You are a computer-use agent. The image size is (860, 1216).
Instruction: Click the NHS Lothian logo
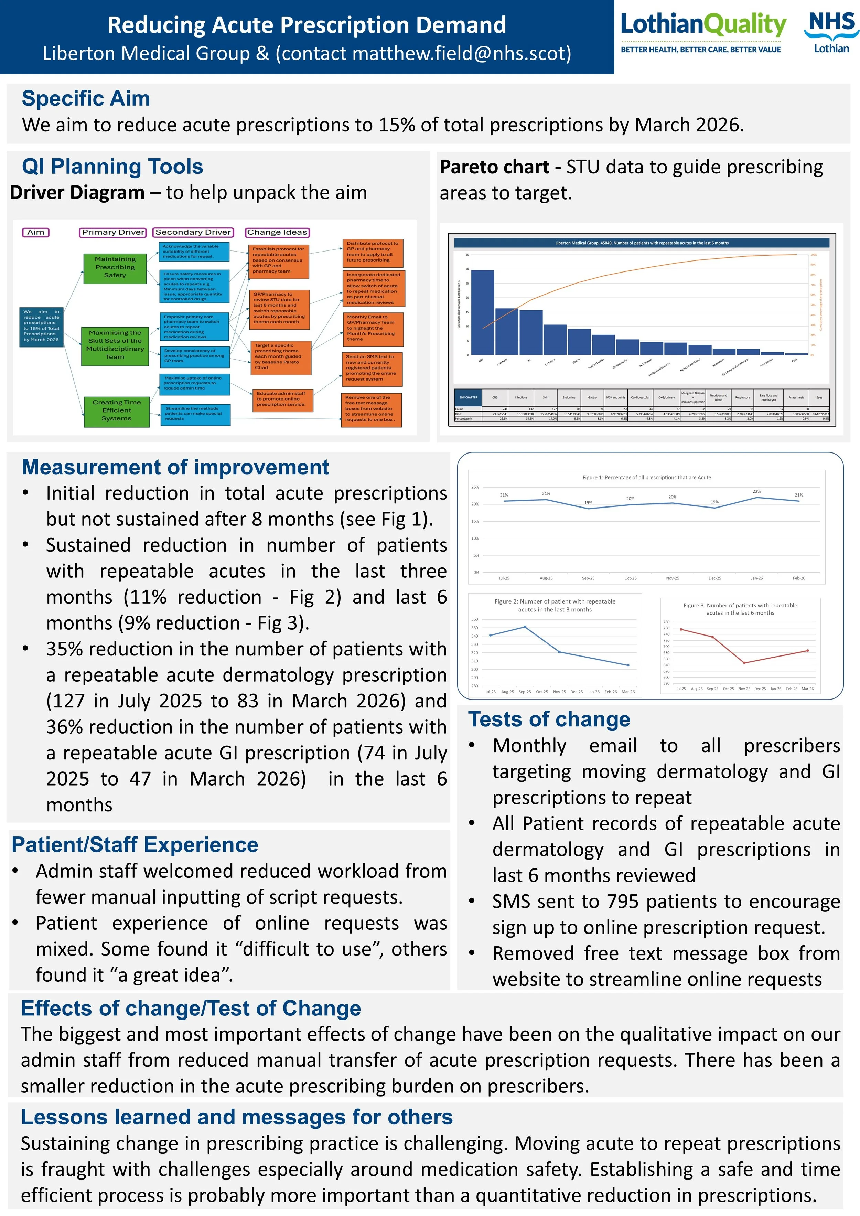point(831,33)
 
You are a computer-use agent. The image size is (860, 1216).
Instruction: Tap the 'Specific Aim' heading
point(86,98)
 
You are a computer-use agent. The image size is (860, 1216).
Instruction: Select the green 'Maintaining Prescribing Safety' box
point(115,267)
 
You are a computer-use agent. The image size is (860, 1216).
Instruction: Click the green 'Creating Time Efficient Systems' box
point(117,410)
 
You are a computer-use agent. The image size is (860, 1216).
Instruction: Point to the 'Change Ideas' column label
point(277,232)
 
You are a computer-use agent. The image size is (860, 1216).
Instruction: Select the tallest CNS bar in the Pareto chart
point(482,312)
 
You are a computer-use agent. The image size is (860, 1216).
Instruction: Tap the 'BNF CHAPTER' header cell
point(468,397)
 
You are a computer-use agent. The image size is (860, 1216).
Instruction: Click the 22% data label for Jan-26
point(757,491)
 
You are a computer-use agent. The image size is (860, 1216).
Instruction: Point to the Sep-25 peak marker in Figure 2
point(525,627)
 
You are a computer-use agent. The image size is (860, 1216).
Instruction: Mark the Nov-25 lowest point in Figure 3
point(744,663)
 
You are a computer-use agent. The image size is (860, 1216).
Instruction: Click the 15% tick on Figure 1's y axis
point(475,521)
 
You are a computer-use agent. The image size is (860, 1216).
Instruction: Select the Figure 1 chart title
point(647,477)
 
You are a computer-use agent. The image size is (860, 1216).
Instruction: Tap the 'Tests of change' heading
point(549,719)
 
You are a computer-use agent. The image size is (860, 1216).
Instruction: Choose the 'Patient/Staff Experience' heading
point(135,845)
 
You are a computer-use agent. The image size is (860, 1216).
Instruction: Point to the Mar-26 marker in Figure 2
point(628,665)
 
